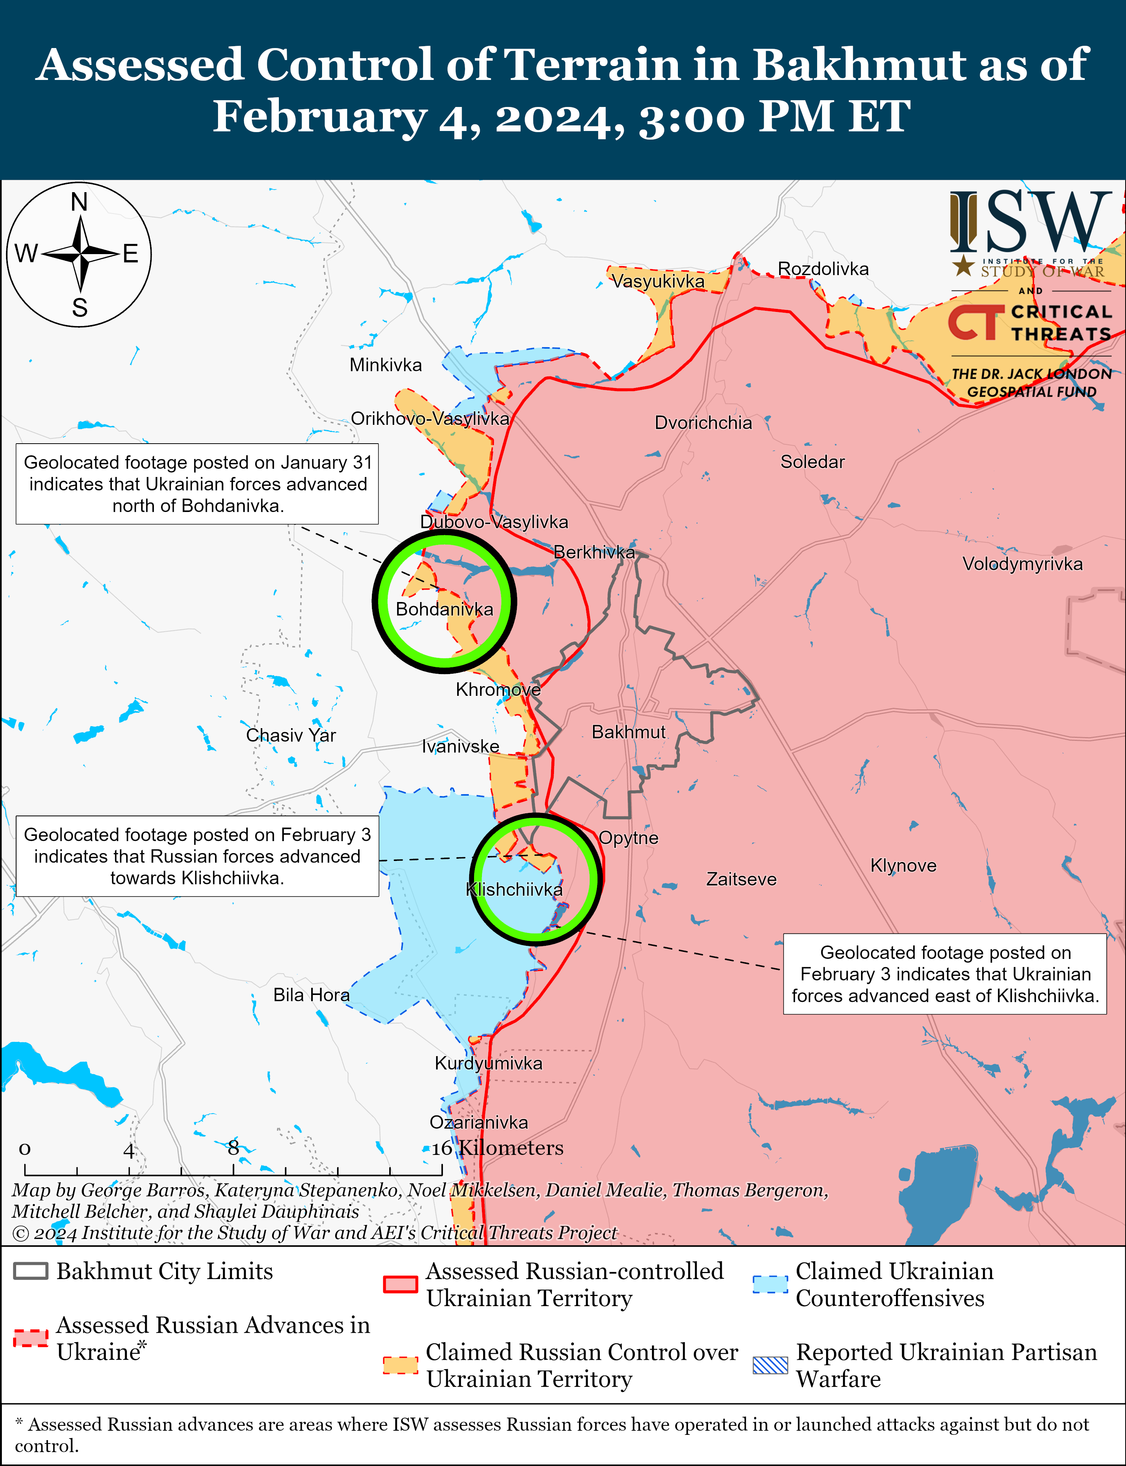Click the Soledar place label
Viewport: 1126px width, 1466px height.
coord(812,462)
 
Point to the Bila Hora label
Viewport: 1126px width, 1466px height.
coord(311,995)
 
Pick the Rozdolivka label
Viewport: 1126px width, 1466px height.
coord(823,269)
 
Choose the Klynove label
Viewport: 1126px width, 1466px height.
coord(903,865)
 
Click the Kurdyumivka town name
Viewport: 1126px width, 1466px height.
coord(489,1063)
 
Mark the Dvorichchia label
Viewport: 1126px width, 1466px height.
coord(703,423)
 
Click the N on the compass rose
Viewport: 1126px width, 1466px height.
coord(79,202)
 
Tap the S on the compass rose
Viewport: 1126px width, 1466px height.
coord(80,307)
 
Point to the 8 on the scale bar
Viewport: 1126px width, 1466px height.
coord(233,1148)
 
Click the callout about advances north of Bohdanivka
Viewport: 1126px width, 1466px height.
coord(197,484)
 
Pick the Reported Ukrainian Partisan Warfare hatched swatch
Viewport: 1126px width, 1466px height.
coord(770,1365)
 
